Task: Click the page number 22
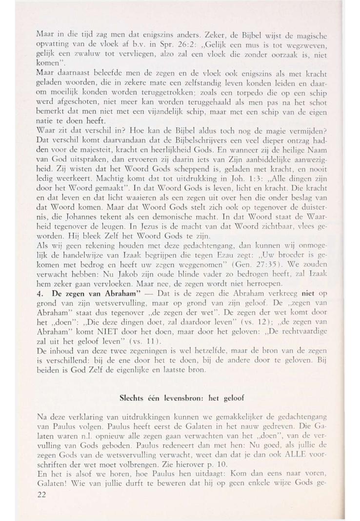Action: [42, 481]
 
